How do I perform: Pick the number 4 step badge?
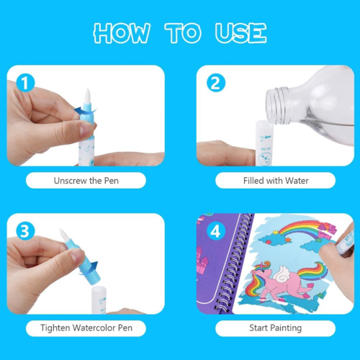[x=215, y=231]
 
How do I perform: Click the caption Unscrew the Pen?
[x=85, y=179]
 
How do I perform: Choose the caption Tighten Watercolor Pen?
[x=85, y=328]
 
